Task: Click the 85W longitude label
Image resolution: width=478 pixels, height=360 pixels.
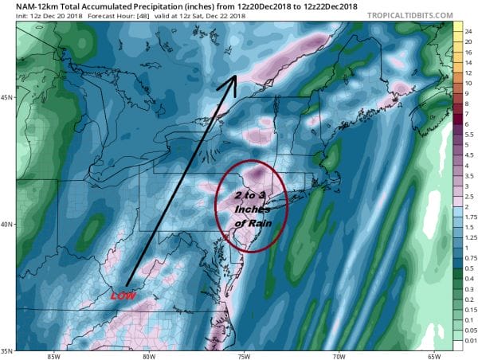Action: pyautogui.click(x=54, y=354)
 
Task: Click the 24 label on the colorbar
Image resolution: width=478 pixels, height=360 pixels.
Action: pyautogui.click(x=468, y=26)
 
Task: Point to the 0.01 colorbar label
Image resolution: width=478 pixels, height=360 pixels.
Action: pyautogui.click(x=468, y=339)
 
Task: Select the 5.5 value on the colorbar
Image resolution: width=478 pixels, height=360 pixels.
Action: pyautogui.click(x=468, y=135)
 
